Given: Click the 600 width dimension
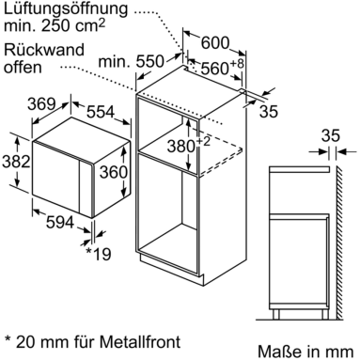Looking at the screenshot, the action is tap(215, 42).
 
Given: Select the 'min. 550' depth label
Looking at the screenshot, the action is tap(131, 61).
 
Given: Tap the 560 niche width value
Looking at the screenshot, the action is tap(214, 68).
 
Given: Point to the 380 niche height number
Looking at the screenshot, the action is tap(181, 146).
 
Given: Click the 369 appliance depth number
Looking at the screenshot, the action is tap(41, 103).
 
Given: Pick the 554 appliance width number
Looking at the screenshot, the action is tap(101, 112).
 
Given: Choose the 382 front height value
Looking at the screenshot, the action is tap(16, 162).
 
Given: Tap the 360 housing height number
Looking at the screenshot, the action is tap(114, 172).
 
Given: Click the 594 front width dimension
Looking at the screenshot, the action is tap(60, 222).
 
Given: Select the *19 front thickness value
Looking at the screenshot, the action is tap(99, 254).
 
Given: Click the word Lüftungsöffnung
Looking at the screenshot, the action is tap(66, 9).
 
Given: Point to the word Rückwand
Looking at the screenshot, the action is tap(44, 50).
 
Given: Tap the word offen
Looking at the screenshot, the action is tap(23, 67).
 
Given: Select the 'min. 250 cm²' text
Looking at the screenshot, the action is tap(55, 25).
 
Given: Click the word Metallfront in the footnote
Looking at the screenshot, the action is tap(140, 341).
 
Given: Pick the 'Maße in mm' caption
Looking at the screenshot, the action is tap(305, 352).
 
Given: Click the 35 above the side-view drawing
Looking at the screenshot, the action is tap(331, 135).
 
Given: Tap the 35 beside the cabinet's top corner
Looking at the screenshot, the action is tap(269, 111).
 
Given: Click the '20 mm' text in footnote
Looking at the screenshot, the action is tap(42, 341).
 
